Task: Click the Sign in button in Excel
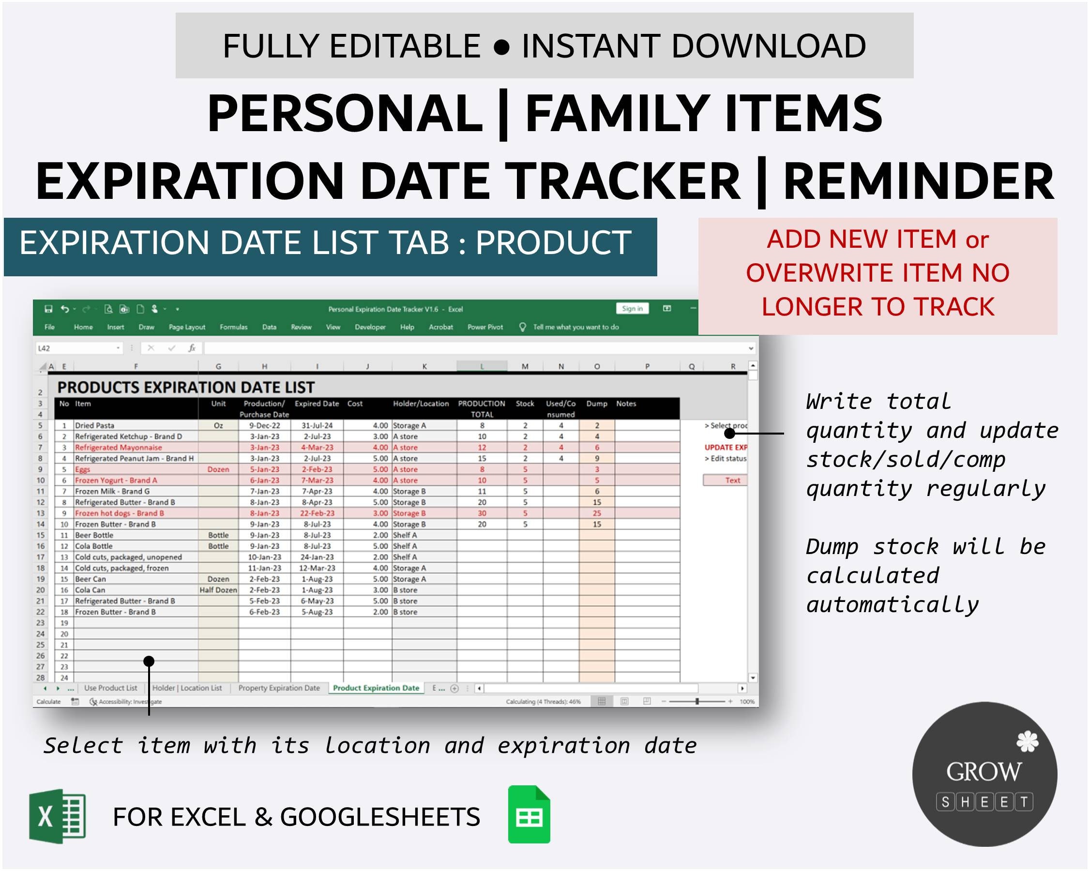click(632, 309)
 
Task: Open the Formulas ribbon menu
click(233, 327)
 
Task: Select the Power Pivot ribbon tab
click(485, 327)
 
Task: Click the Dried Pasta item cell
click(95, 426)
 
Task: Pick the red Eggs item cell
click(83, 469)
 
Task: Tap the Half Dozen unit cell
click(218, 590)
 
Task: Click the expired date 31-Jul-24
click(317, 426)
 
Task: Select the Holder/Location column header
click(421, 404)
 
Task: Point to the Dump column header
click(596, 404)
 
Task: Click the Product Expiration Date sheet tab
click(376, 688)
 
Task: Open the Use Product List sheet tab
click(110, 688)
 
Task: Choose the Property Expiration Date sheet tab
click(279, 688)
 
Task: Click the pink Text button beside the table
click(732, 481)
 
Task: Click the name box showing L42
click(76, 348)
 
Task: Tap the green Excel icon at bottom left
click(57, 816)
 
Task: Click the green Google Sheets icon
click(529, 814)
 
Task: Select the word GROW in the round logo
click(983, 772)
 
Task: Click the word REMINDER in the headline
click(918, 181)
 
